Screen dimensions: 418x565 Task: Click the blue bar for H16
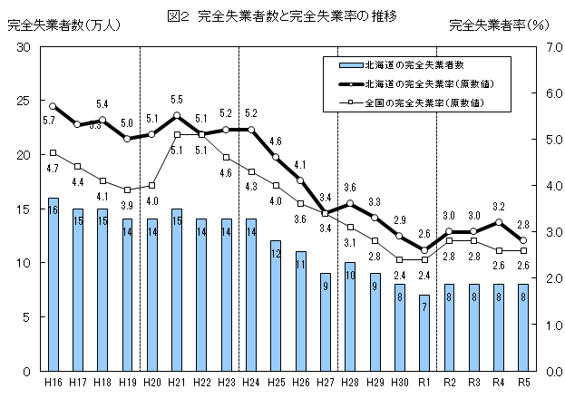coord(54,284)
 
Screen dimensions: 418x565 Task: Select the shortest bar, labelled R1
coord(424,333)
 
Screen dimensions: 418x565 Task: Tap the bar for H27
coord(325,322)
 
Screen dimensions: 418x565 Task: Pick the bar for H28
coord(349,316)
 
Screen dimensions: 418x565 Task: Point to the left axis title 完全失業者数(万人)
coord(52,25)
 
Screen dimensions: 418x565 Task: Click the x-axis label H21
coord(176,383)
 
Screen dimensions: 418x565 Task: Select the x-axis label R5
coord(522,383)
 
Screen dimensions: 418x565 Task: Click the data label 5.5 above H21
coord(177,100)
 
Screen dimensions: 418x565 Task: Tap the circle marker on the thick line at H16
coord(54,106)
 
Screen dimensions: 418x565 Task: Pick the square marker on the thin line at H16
coord(54,152)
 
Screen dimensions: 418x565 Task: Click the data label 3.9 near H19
coord(127,206)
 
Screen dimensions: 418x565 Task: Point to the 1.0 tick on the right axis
coord(547,325)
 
